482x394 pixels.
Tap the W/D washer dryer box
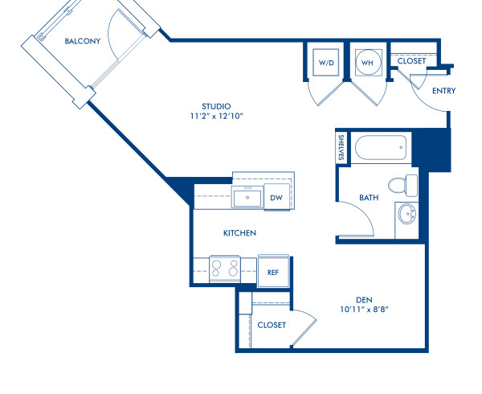[326, 62]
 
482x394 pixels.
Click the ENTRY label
[443, 91]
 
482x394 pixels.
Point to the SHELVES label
[341, 147]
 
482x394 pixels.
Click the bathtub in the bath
[382, 148]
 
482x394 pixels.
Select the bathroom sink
[407, 215]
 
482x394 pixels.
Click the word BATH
[369, 197]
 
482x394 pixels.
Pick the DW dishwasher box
[276, 197]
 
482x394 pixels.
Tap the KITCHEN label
[239, 233]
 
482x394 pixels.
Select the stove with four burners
[225, 266]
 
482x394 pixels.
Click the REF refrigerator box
[272, 272]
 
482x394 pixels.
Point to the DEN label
[365, 299]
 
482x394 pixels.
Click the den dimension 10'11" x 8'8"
[365, 309]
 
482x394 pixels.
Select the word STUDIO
[216, 106]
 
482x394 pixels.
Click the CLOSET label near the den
[272, 325]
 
